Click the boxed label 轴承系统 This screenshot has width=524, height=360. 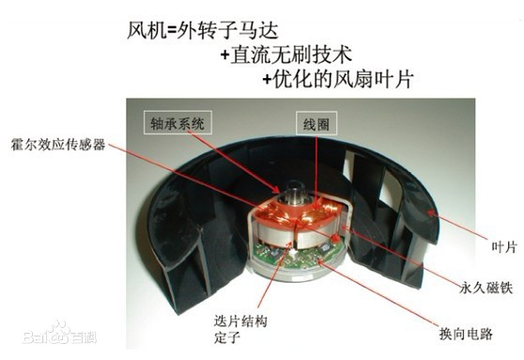tap(177, 122)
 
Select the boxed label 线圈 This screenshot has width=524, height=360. tap(316, 123)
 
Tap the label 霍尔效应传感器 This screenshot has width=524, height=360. tap(58, 144)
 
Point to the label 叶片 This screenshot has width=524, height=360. tap(504, 247)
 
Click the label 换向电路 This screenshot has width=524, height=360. tap(466, 334)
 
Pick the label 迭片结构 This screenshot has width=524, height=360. tap(240, 321)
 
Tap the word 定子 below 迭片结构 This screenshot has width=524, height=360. tap(227, 337)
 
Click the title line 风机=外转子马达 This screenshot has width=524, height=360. tap(203, 31)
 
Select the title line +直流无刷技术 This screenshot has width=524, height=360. tap(286, 55)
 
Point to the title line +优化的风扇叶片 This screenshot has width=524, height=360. tap(338, 79)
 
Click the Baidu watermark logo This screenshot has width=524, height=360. tap(59, 334)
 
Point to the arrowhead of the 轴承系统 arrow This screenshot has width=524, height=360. tap(276, 190)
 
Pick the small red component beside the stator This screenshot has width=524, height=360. tap(335, 238)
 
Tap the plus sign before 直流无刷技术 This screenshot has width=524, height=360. tap(224, 55)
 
